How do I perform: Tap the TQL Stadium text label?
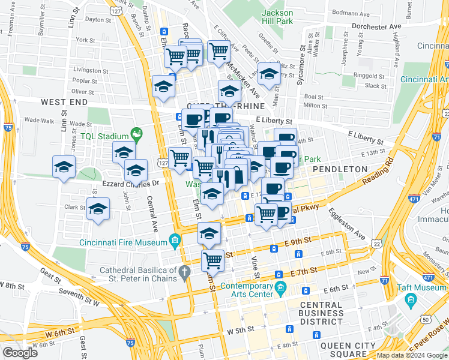106,136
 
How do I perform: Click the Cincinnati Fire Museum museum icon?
175,242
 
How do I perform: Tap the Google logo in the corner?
20,352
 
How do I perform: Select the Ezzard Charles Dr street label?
131,183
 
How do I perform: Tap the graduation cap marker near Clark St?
97,209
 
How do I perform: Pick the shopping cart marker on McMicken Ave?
218,51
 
